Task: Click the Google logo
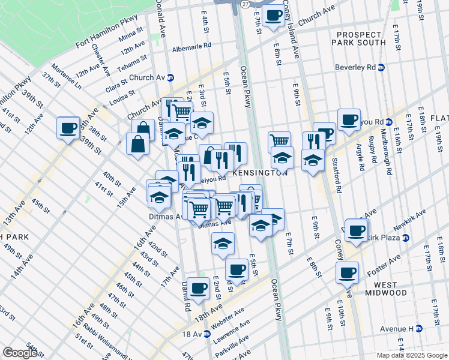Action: [x=20, y=353]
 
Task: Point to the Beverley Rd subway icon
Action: [x=381, y=67]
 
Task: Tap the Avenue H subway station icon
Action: [x=419, y=328]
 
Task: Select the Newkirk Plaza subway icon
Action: [x=406, y=238]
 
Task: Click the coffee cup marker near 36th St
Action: [x=68, y=127]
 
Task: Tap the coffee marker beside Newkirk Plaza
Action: [x=356, y=230]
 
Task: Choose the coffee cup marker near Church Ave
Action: [x=273, y=15]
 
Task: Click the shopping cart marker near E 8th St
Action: [x=279, y=142]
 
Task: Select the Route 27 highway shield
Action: [x=245, y=4]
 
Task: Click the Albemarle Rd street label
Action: [x=191, y=45]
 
